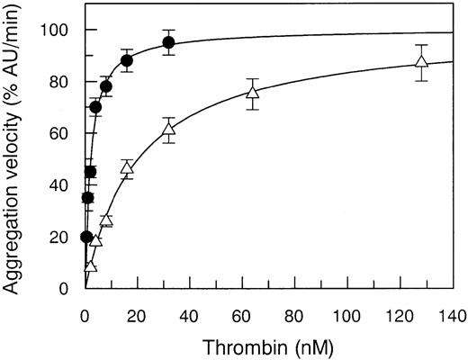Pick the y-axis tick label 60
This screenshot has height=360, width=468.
click(64, 133)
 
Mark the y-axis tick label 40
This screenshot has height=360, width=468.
click(64, 185)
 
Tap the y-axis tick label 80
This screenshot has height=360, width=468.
click(64, 82)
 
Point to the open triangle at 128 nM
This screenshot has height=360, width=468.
click(421, 62)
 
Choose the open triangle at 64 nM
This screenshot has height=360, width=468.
click(253, 93)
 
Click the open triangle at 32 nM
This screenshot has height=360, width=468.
click(168, 130)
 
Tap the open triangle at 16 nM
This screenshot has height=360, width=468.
click(127, 167)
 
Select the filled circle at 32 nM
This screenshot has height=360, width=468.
click(168, 43)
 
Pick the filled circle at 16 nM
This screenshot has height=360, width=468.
click(127, 61)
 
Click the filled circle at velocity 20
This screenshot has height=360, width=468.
click(86, 237)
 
